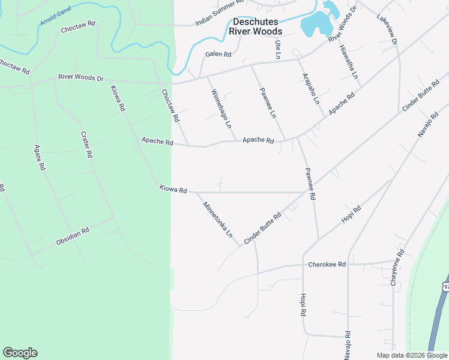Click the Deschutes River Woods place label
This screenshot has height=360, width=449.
point(257,26)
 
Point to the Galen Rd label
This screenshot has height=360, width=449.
point(218,54)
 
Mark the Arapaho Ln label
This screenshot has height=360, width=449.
point(310,89)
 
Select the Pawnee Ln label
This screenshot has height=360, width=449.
point(268,103)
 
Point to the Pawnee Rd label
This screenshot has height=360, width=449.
point(309,185)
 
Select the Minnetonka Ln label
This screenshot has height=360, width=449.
point(217,220)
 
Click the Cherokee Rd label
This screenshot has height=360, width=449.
point(327,264)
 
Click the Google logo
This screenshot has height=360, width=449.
point(20,353)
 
